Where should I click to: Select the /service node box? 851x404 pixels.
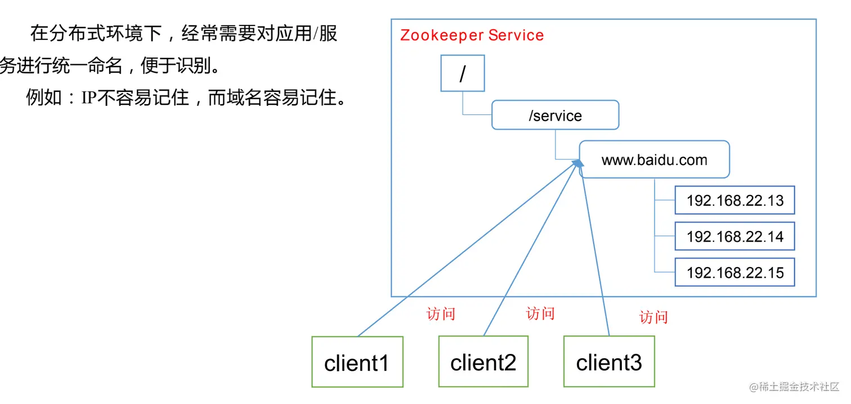pyautogui.click(x=555, y=116)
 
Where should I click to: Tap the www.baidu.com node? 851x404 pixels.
pyautogui.click(x=654, y=159)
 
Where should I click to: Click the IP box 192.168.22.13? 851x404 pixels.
pyautogui.click(x=734, y=201)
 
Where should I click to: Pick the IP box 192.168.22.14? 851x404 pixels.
pyautogui.click(x=734, y=237)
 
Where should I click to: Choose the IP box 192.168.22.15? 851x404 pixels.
pyautogui.click(x=734, y=273)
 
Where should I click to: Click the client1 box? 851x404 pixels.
pyautogui.click(x=357, y=362)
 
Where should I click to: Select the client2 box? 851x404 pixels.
pyautogui.click(x=483, y=362)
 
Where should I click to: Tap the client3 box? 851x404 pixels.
pyautogui.click(x=609, y=362)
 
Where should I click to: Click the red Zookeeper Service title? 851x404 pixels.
pyautogui.click(x=472, y=35)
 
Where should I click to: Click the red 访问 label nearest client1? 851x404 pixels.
pyautogui.click(x=441, y=314)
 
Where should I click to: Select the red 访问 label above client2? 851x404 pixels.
pyautogui.click(x=540, y=313)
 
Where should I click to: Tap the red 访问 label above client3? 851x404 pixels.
pyautogui.click(x=653, y=317)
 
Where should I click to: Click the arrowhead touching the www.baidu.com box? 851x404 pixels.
pyautogui.click(x=576, y=163)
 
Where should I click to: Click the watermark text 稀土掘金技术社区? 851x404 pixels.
pyautogui.click(x=799, y=387)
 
